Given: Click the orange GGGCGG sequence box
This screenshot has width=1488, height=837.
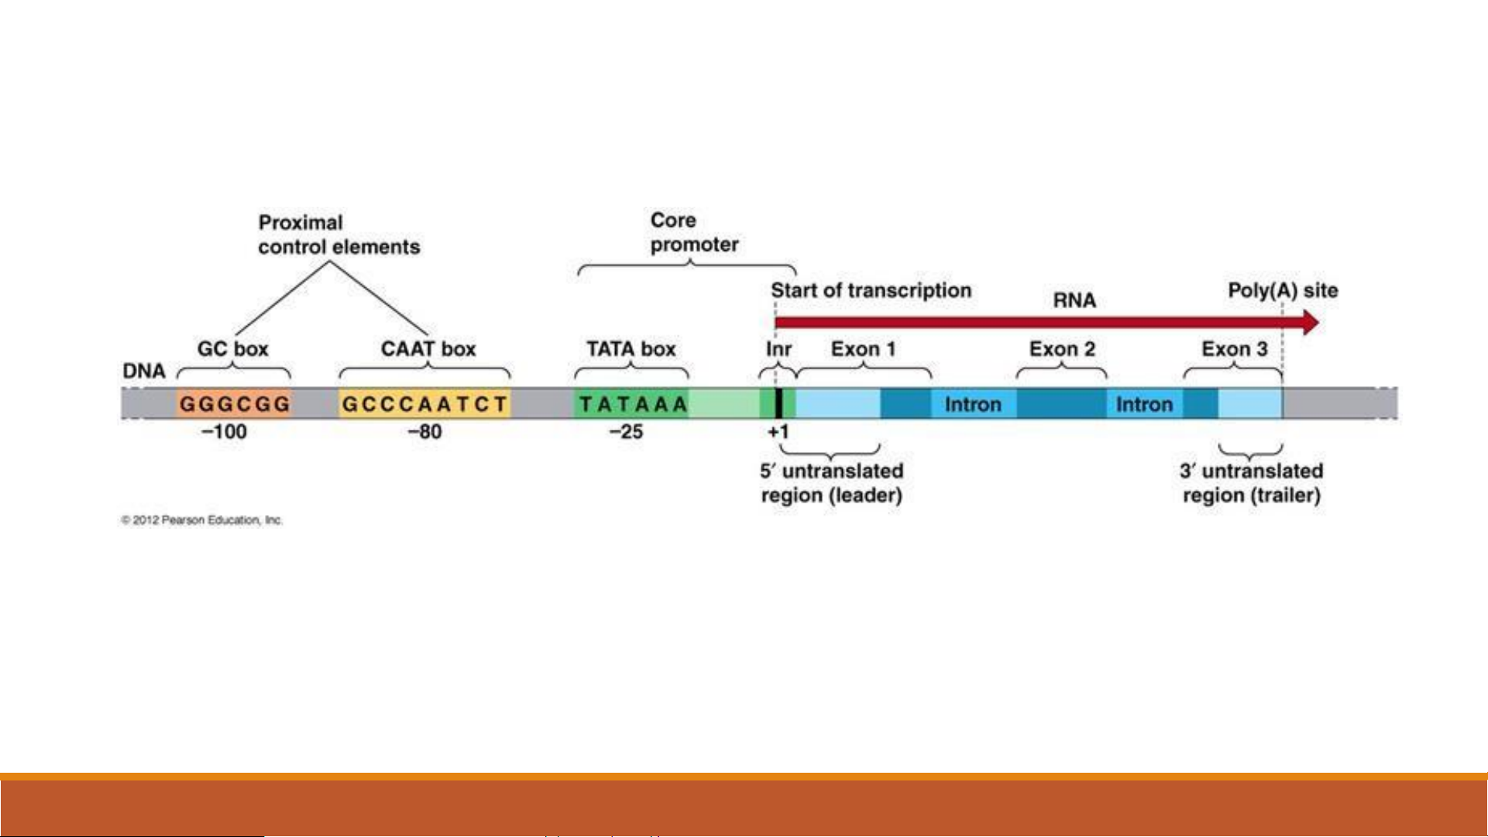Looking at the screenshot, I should point(234,403).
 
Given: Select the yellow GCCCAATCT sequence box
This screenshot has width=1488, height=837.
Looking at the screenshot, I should point(424,403).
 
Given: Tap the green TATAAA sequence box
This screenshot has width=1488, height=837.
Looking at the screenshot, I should point(632,403).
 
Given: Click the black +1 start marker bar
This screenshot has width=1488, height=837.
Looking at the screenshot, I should point(778,403).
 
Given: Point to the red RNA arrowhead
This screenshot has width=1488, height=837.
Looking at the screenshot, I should point(1310,322).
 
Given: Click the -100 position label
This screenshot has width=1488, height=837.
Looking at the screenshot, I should point(224,432).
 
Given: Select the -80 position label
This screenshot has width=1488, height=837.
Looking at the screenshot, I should point(424,432).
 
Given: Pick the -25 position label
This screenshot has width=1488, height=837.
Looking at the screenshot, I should point(626,432).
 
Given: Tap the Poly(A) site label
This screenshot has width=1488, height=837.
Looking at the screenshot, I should point(1283,290).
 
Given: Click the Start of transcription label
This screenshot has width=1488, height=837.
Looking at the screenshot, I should point(871,290).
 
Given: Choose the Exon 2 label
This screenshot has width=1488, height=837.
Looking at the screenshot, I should point(1062,349).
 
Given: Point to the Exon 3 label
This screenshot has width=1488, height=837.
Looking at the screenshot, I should point(1234,349).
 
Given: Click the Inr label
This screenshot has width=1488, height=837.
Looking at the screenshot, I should point(778,349).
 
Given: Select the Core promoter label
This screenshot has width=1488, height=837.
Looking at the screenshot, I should point(694,232).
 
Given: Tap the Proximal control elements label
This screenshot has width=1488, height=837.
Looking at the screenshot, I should point(338,235).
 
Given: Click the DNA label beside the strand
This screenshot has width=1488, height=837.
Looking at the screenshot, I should point(144,372).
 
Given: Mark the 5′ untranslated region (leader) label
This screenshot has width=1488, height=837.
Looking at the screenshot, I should point(831,483).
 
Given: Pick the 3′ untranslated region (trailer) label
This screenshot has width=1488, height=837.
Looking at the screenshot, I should point(1251,483).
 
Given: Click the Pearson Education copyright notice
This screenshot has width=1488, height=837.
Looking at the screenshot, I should point(202,520).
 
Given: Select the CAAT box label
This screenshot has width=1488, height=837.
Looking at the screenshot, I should point(428,349).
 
